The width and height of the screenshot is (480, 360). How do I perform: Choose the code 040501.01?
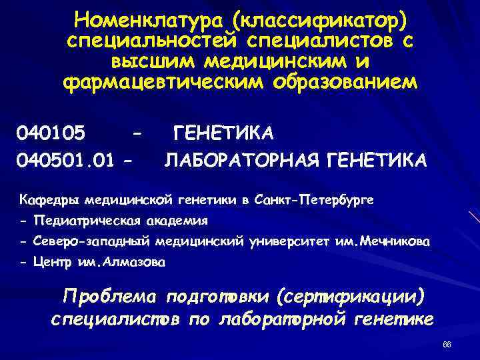pyautogui.click(x=63, y=160)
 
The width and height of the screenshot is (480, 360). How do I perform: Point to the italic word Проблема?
pyautogui.click(x=110, y=295)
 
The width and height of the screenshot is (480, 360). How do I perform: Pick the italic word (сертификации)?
pyautogui.click(x=353, y=295)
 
